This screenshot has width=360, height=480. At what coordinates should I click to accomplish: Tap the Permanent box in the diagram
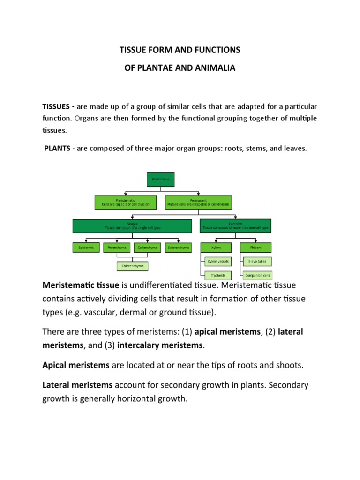tap(198, 202)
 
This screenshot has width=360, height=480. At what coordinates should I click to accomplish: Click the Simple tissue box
tap(132, 226)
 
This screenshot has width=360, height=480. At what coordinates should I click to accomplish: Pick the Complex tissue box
tap(235, 226)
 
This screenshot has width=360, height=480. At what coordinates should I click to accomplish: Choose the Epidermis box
tap(86, 247)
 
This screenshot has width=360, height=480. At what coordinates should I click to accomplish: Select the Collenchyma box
tap(148, 247)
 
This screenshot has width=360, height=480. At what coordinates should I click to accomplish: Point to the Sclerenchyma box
tap(178, 247)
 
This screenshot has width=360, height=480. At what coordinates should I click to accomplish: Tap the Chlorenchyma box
tap(132, 266)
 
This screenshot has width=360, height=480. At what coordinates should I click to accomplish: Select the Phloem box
tap(256, 247)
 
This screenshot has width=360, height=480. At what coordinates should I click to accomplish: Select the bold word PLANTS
tap(57, 149)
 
